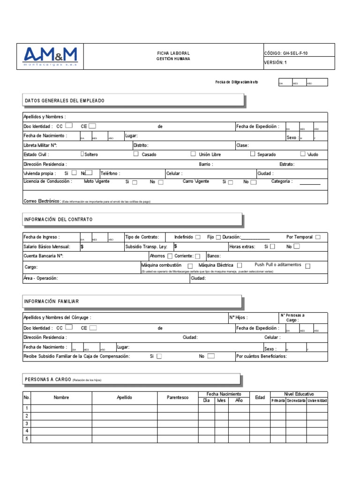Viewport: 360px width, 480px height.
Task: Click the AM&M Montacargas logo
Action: point(50,57)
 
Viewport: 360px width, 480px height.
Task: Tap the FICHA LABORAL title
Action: point(173,53)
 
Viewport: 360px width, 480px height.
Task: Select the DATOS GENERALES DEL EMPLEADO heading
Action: point(65,101)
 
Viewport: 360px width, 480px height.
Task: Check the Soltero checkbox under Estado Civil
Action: point(82,154)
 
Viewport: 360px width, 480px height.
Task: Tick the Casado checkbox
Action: point(136,154)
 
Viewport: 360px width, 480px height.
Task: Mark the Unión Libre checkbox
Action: point(193,154)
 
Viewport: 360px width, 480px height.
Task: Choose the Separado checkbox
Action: point(253,154)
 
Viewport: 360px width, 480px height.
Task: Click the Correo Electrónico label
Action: point(42,201)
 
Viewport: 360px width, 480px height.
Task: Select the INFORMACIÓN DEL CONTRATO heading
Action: point(59,219)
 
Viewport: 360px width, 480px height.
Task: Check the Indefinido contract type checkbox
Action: point(198,237)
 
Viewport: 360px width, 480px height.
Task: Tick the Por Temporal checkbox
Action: point(318,237)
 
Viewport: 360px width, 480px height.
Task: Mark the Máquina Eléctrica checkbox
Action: point(240,265)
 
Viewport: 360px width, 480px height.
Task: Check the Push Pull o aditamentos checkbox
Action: point(307,266)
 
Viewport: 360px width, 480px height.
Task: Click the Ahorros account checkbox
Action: point(170,256)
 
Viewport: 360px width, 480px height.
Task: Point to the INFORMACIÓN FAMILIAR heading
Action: point(52,301)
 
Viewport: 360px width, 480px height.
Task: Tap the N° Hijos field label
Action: point(238,317)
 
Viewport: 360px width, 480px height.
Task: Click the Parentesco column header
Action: point(178,397)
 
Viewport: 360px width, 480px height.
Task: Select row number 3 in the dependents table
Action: point(27,423)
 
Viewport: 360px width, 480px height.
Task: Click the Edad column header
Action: point(260,397)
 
